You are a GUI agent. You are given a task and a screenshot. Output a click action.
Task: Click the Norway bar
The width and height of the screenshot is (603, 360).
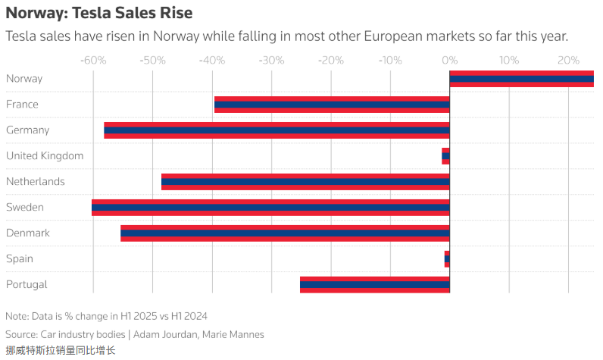click(521, 79)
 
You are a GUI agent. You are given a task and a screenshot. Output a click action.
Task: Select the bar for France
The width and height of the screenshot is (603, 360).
click(332, 105)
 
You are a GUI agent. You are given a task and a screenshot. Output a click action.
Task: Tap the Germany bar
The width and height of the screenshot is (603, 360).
click(277, 130)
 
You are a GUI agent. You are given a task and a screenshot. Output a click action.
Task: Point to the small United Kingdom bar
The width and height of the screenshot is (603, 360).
click(446, 156)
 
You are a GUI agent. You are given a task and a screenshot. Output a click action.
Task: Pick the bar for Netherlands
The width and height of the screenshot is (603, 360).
click(305, 182)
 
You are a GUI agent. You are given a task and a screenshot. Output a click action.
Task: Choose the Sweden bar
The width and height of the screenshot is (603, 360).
click(270, 208)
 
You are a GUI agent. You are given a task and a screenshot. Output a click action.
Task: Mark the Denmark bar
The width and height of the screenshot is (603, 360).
click(285, 233)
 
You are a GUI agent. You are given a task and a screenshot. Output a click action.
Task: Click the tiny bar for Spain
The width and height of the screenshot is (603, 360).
click(447, 259)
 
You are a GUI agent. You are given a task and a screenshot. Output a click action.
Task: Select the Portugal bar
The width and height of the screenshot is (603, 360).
click(375, 285)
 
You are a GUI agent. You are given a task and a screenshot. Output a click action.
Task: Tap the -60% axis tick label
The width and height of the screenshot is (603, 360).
click(92, 60)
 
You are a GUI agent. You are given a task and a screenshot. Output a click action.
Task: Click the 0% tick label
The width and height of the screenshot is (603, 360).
click(449, 60)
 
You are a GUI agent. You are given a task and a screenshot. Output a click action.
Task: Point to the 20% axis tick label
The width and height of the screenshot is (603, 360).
click(568, 60)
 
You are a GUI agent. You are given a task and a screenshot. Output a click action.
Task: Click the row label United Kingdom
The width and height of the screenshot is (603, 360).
click(45, 156)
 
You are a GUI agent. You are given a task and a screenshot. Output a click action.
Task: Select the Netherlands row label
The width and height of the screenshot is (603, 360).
click(36, 182)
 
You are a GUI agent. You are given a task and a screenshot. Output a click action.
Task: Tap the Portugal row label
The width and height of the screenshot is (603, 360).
click(27, 285)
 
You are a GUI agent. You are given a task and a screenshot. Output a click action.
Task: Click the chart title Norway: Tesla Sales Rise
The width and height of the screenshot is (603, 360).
click(98, 13)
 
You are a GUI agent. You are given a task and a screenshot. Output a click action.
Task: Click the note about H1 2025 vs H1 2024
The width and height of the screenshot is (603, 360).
click(106, 316)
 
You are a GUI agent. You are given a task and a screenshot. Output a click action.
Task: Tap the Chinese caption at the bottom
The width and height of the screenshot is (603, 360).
click(61, 350)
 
